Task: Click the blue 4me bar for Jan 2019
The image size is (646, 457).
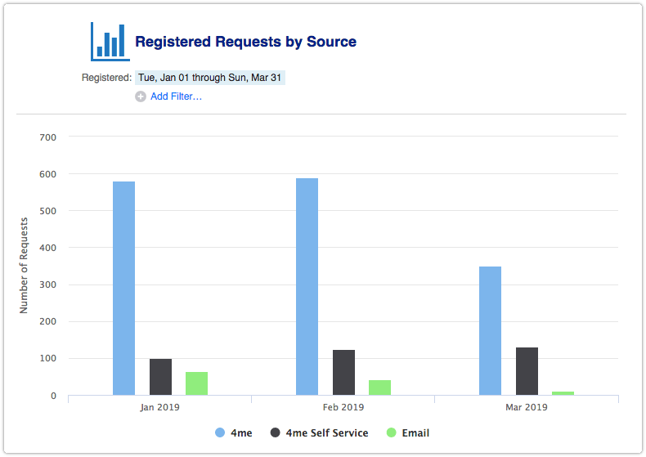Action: (123, 288)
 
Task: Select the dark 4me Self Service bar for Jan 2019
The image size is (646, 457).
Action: (160, 377)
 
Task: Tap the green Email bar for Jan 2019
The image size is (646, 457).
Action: (196, 383)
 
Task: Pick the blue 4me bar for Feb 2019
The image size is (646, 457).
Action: (307, 286)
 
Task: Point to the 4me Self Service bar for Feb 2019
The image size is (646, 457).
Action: (343, 372)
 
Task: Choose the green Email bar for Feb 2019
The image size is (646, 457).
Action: (379, 388)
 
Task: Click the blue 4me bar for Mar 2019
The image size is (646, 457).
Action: (490, 330)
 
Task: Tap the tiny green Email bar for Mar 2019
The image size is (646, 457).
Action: (563, 393)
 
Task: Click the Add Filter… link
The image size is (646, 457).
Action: (176, 96)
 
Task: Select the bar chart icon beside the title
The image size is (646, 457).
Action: (110, 41)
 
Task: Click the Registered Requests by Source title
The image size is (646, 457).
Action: (245, 42)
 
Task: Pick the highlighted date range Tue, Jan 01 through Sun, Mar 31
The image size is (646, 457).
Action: (210, 78)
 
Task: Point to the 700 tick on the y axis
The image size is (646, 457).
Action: (47, 137)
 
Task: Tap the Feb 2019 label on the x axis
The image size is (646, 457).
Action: (343, 406)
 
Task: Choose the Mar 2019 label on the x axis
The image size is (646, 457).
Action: (526, 406)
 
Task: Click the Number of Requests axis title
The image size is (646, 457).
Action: (24, 265)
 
